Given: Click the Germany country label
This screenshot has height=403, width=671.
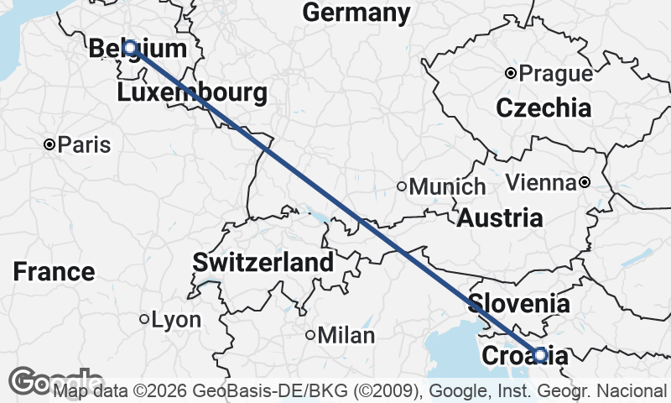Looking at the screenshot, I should point(356,13).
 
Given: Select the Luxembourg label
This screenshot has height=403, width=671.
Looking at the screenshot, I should point(192,92).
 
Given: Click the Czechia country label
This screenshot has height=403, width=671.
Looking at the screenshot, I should point(544,107).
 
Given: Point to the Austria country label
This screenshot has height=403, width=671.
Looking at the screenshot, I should point(500,218).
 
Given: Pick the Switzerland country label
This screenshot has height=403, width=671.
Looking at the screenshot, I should point(263,262).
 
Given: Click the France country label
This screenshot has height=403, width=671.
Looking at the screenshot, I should point(55,272).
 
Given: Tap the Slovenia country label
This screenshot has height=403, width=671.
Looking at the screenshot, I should point(519,303).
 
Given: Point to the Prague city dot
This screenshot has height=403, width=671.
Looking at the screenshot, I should point(510,74).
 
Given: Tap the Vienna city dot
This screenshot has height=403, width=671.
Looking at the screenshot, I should point(585,182).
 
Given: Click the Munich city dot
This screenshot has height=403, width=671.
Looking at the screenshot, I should point(402,186).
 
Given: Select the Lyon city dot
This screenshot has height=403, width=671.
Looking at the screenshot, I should point(144,319).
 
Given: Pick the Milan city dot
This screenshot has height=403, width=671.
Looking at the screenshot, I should point(310,335).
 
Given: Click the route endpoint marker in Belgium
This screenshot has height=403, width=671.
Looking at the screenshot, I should point(130,48).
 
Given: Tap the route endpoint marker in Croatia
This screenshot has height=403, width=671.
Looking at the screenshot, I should point(540,355).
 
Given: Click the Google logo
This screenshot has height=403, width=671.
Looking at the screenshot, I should point(55,382).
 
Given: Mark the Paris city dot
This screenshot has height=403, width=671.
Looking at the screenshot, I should point(49,145).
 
